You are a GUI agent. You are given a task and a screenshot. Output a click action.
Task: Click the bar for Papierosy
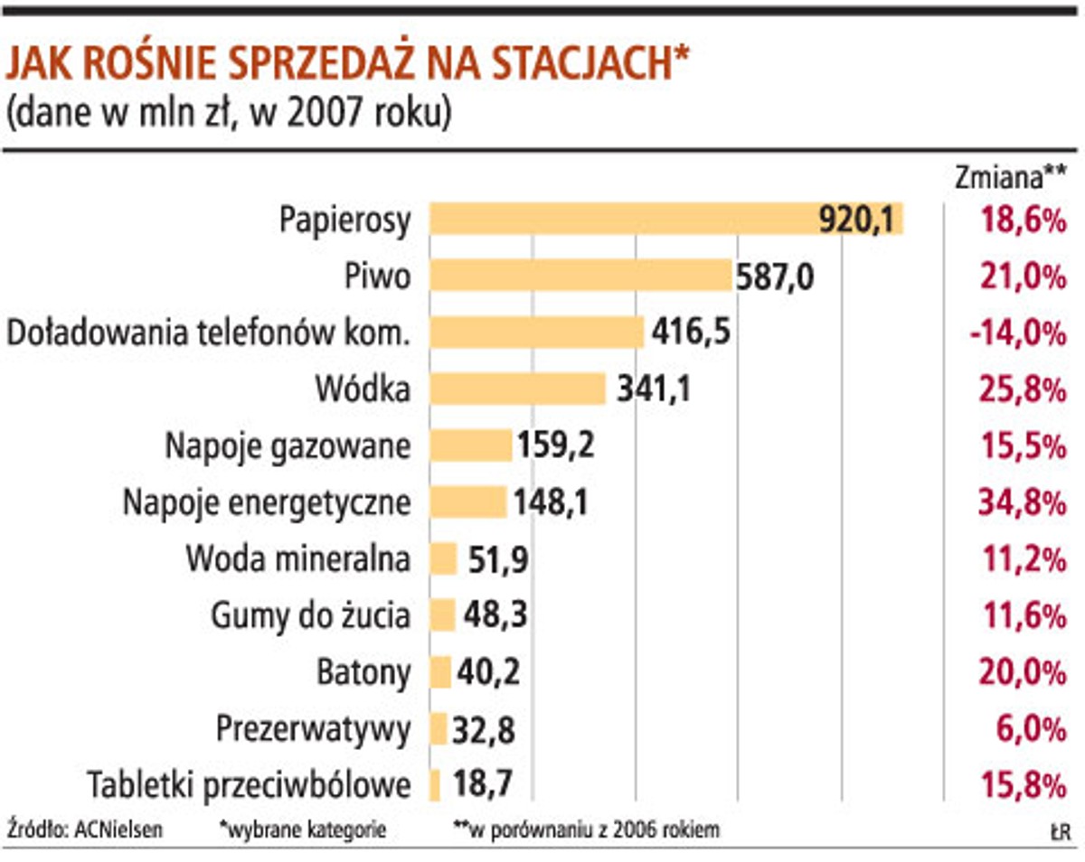666,220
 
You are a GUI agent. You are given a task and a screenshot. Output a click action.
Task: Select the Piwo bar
580,276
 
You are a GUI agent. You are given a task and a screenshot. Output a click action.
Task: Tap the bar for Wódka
517,389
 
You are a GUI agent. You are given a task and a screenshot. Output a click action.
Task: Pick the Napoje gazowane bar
470,445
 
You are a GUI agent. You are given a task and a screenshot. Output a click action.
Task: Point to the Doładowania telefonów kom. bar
536,333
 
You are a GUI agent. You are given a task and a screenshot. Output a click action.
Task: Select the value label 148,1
551,502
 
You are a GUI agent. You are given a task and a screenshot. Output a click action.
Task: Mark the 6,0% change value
1028,729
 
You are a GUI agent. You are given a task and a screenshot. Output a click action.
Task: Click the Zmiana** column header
1010,177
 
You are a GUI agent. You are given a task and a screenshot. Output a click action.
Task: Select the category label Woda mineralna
298,559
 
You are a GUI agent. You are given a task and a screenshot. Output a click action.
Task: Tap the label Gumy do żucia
310,616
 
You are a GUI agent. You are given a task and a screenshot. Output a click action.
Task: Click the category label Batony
363,672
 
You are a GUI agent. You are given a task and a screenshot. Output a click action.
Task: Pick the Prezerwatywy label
314,729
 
